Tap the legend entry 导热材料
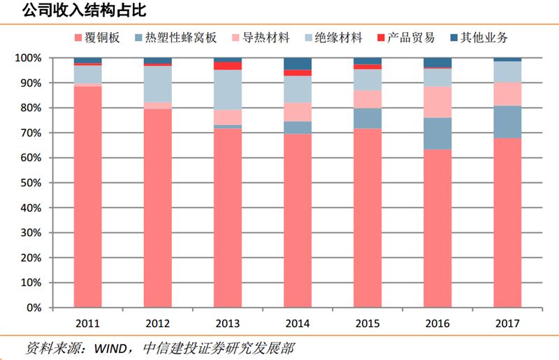pyautogui.click(x=266, y=38)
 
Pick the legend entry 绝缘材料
pyautogui.click(x=338, y=38)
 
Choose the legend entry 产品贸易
pyautogui.click(x=411, y=38)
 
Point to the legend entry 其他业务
pyautogui.click(x=484, y=38)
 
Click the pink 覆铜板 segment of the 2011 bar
pyautogui.click(x=88, y=196)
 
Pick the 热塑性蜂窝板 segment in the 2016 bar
pyautogui.click(x=437, y=133)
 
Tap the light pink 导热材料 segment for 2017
pyautogui.click(x=507, y=94)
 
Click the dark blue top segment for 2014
pyautogui.click(x=298, y=64)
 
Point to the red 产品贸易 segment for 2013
pyautogui.click(x=228, y=66)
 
